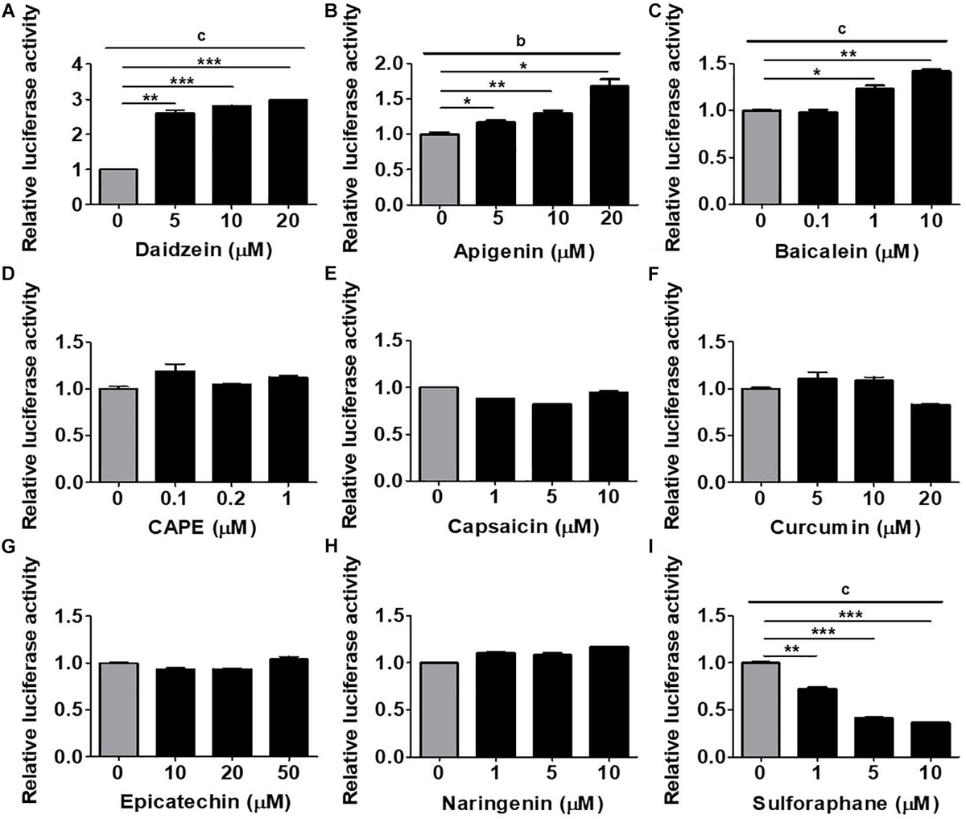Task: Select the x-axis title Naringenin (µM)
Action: coord(517,802)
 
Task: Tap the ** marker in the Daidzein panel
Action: coord(150,97)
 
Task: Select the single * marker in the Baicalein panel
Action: coord(817,72)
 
